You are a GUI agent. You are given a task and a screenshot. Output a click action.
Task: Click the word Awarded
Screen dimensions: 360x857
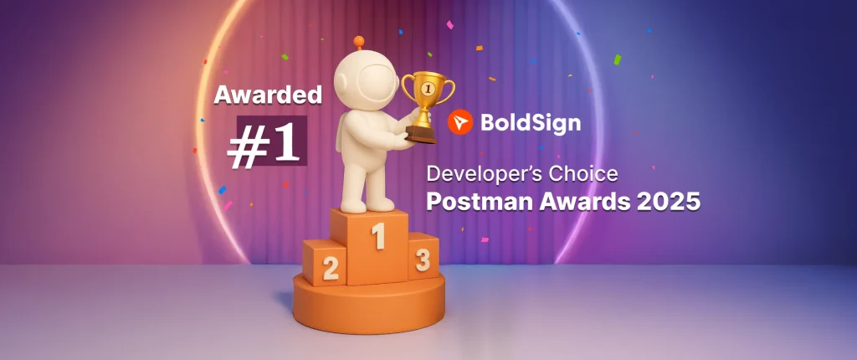[268, 95]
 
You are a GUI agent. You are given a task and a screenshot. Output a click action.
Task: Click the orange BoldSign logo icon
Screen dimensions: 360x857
[459, 122]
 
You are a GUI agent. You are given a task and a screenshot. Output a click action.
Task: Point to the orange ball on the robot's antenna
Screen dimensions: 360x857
[360, 40]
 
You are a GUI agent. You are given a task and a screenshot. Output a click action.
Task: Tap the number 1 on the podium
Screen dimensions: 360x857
[378, 236]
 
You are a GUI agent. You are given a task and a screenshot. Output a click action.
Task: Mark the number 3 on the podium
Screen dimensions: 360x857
[423, 260]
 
